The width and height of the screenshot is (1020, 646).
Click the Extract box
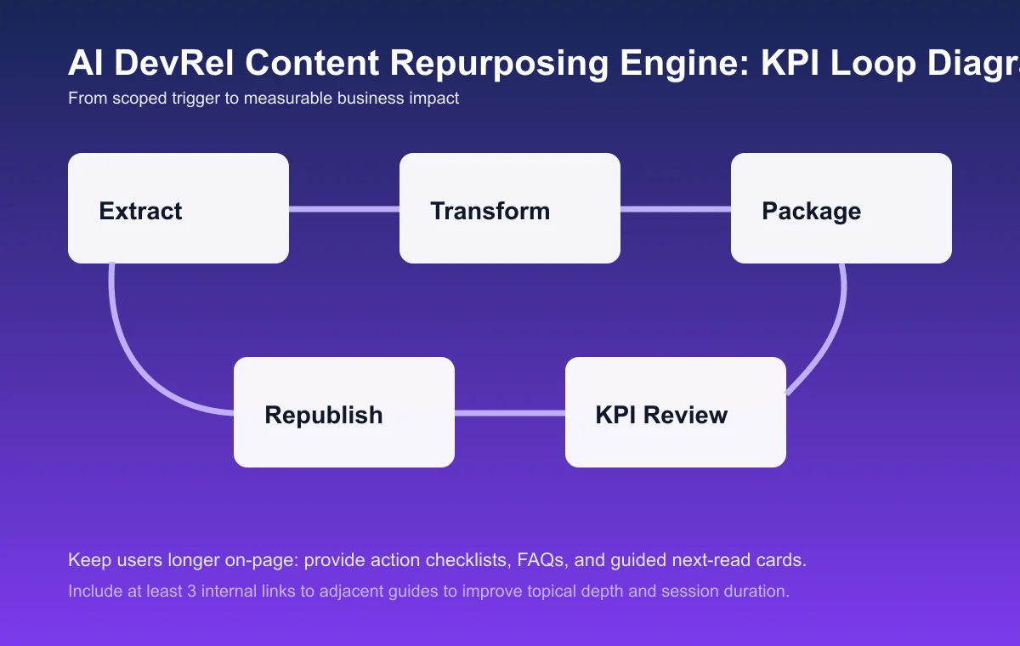click(178, 208)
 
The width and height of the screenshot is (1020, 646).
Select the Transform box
click(510, 208)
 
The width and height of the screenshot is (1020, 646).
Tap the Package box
click(841, 208)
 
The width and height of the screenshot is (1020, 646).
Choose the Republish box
click(344, 412)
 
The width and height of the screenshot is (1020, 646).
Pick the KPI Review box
click(676, 412)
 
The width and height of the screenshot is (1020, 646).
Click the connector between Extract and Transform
click(344, 209)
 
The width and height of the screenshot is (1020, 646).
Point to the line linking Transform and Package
click(676, 209)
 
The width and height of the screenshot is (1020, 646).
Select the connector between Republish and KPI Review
click(510, 414)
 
